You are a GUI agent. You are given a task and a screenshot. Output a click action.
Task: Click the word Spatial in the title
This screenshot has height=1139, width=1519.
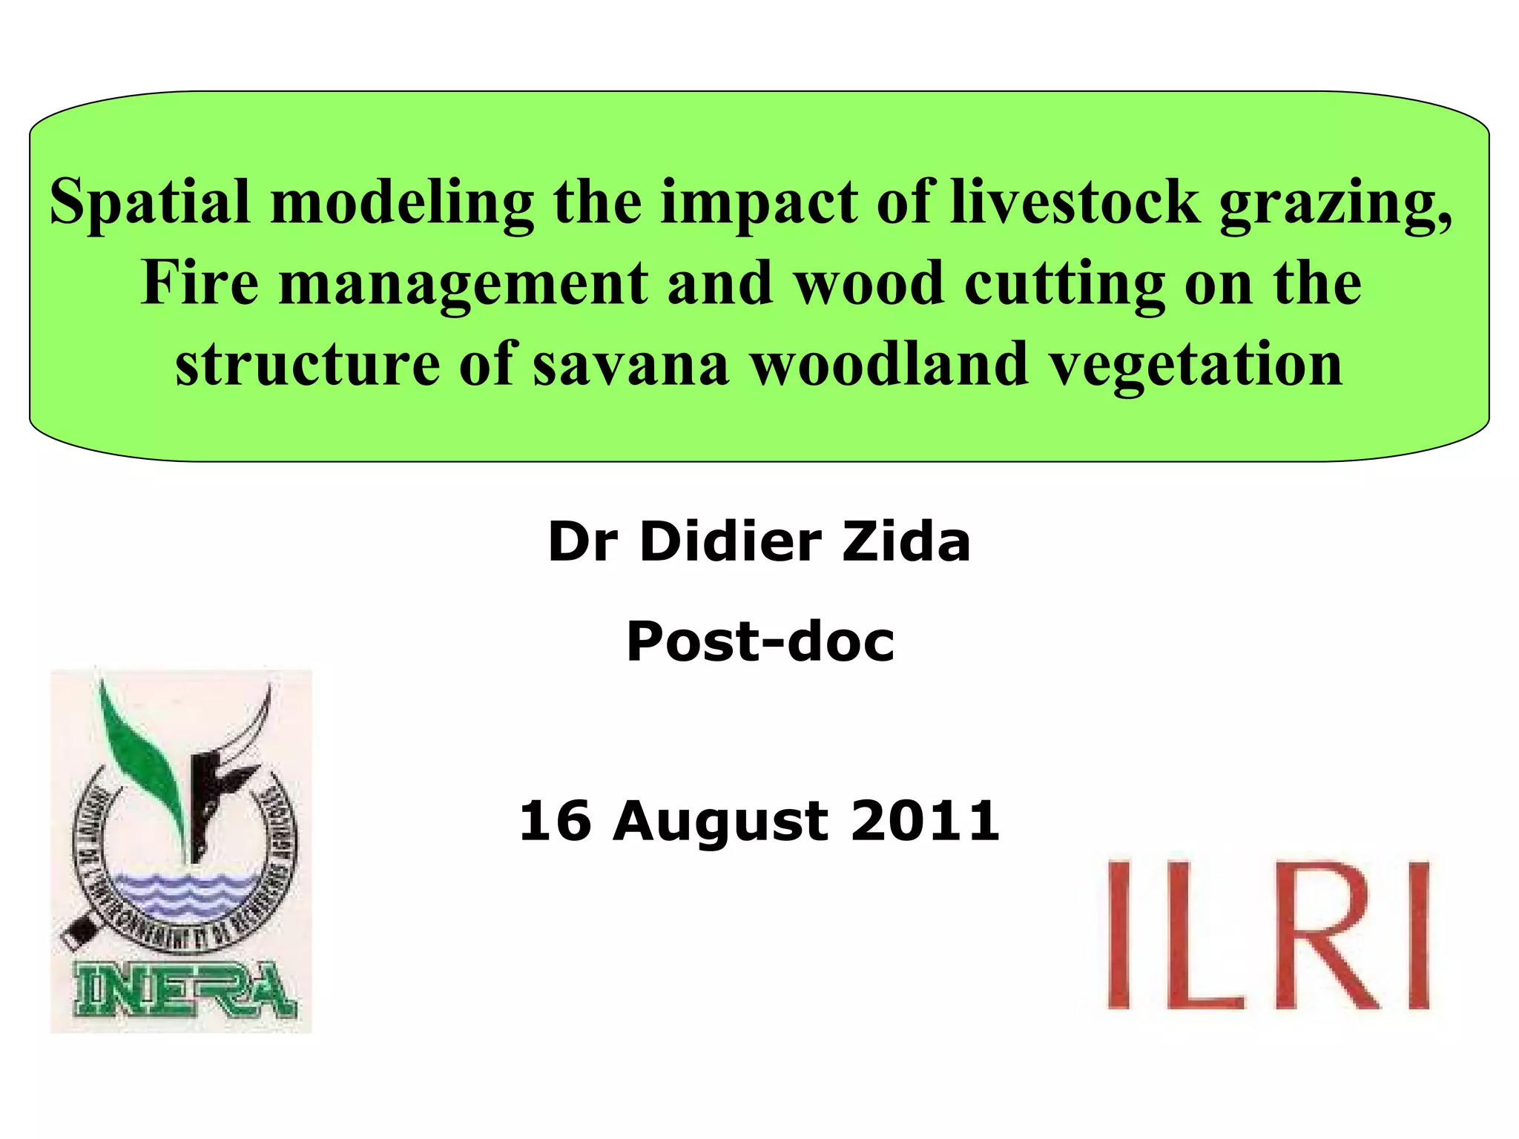(x=149, y=202)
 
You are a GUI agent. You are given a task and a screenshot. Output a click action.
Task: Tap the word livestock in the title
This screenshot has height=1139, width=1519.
(x=1075, y=201)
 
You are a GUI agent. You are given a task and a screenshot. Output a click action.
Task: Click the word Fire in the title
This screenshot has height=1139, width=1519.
(x=200, y=283)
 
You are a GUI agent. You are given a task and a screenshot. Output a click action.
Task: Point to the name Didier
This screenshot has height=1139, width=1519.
(x=730, y=541)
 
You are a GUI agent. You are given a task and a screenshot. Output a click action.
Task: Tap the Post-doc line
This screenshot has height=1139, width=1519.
(x=759, y=641)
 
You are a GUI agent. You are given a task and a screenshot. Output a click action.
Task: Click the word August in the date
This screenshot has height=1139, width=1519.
(x=719, y=822)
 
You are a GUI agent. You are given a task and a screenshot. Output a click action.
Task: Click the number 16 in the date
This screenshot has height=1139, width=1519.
(x=555, y=821)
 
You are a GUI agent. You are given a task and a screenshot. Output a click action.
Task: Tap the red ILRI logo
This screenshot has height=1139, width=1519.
(x=1268, y=934)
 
